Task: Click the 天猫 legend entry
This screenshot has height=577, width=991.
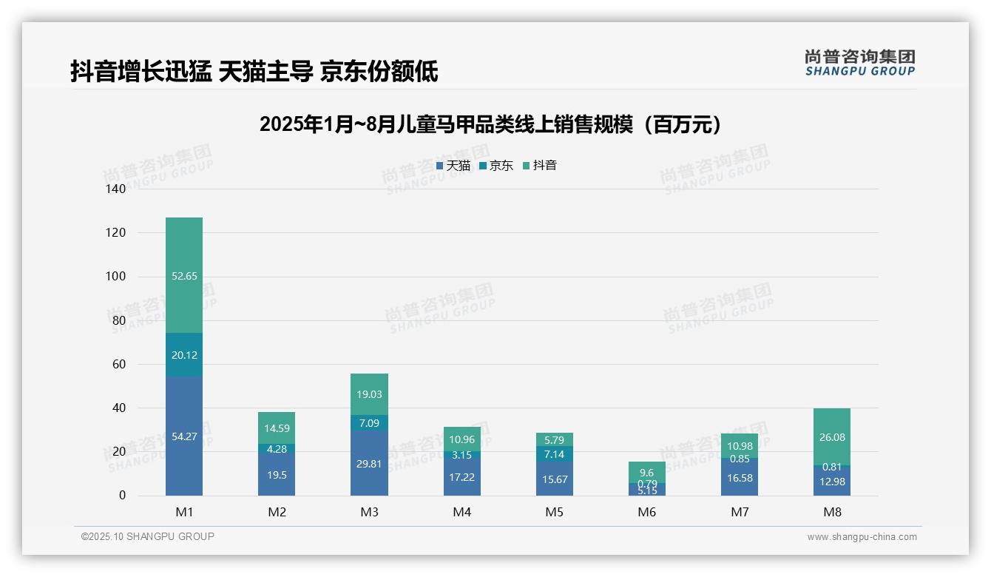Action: click(x=453, y=166)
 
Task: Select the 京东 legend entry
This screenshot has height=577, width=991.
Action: click(x=496, y=166)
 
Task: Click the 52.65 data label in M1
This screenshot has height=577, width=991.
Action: click(x=184, y=276)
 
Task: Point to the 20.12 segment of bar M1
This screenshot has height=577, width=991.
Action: click(x=184, y=355)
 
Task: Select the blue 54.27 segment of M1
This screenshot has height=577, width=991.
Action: click(x=184, y=436)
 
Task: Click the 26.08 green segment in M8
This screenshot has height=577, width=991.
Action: click(x=832, y=437)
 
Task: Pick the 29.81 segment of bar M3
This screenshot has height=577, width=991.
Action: click(x=369, y=463)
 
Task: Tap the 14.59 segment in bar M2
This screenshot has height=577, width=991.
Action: click(x=277, y=428)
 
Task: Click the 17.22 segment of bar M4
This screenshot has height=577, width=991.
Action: click(x=461, y=477)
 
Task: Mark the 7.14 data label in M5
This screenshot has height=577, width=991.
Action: click(x=554, y=453)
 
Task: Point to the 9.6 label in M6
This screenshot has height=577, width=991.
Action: click(x=647, y=473)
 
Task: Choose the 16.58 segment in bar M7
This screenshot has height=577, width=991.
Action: click(x=740, y=478)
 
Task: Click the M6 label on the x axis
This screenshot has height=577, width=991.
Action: click(x=647, y=512)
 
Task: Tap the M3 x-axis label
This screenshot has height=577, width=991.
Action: click(x=369, y=512)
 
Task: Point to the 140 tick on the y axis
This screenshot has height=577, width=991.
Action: click(x=116, y=189)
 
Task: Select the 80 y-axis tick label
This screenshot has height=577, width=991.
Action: click(x=119, y=320)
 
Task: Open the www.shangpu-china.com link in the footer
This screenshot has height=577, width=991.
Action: click(x=862, y=537)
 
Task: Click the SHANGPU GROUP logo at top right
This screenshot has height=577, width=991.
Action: click(x=859, y=62)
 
